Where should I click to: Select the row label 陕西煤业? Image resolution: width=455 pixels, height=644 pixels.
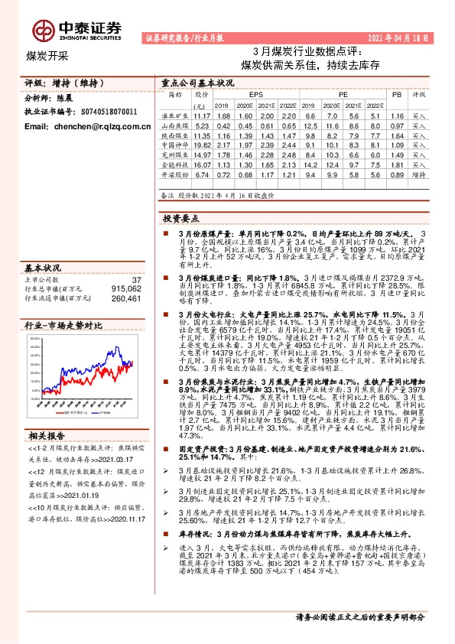pyautogui.click(x=174, y=134)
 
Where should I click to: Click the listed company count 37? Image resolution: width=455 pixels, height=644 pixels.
pyautogui.click(x=136, y=281)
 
